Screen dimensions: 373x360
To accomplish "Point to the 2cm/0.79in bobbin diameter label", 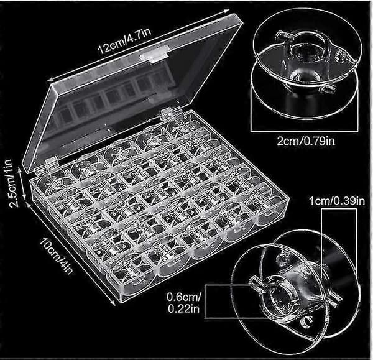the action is pyautogui.click(x=306, y=141).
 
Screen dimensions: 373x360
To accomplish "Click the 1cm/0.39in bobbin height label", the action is pyautogui.click(x=337, y=201).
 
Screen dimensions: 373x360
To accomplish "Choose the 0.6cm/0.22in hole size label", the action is pyautogui.click(x=183, y=303).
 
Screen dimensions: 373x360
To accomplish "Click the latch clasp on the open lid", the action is pyautogui.click(x=154, y=55).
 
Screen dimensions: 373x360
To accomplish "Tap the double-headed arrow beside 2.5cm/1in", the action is pyautogui.click(x=22, y=183).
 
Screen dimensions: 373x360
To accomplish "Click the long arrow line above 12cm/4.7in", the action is pyautogui.click(x=140, y=45).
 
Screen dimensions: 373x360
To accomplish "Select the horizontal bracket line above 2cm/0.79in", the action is pyautogui.click(x=305, y=131).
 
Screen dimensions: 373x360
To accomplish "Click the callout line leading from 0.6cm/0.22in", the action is pyautogui.click(x=240, y=285).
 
